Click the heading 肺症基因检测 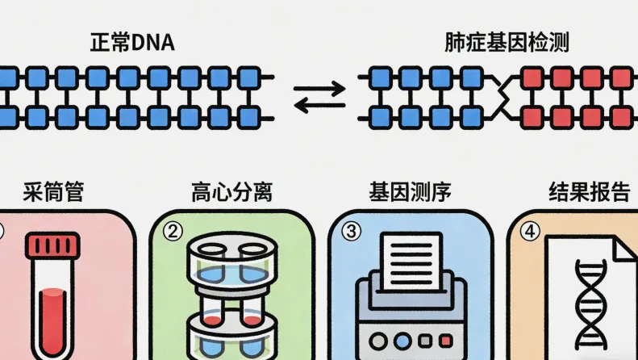(x=507, y=42)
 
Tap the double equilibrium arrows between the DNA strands (x=319, y=97)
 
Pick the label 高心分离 (x=231, y=193)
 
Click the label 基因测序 (x=410, y=193)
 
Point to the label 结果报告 (x=589, y=193)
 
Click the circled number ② (x=173, y=231)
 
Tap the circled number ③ (x=350, y=231)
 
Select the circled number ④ (x=529, y=231)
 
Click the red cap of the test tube (x=52, y=245)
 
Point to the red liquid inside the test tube (x=52, y=319)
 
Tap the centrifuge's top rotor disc (x=231, y=254)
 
